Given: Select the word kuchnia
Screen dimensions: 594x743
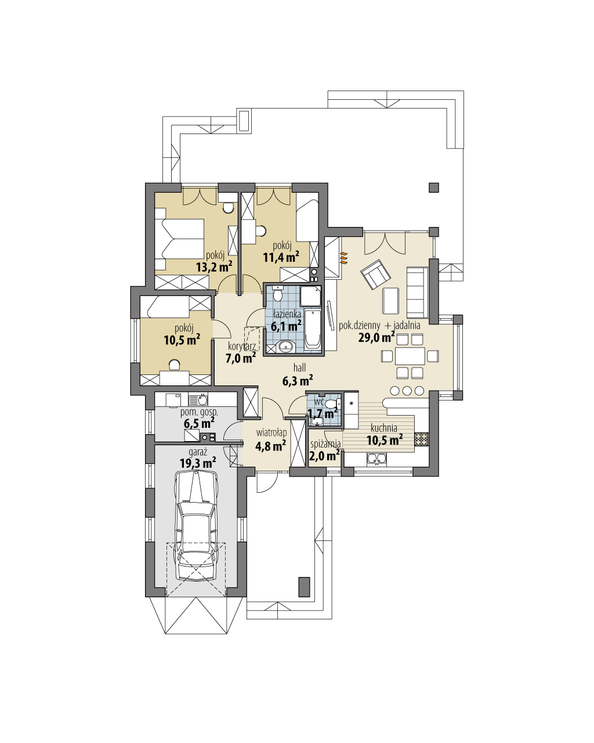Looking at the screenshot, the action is click(x=384, y=428).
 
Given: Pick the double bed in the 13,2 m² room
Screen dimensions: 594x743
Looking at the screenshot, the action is click(x=179, y=239).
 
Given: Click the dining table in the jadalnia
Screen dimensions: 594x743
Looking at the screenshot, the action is click(x=410, y=356).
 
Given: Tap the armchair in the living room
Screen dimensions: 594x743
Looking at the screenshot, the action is click(x=375, y=274).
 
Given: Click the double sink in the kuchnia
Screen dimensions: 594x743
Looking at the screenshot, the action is click(x=376, y=458).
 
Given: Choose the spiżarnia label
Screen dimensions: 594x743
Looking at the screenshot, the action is click(x=325, y=444).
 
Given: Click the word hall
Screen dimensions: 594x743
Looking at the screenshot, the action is click(x=299, y=367).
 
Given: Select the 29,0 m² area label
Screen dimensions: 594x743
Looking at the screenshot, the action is click(x=377, y=337).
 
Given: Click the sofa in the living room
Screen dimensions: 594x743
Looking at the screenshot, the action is click(x=417, y=292).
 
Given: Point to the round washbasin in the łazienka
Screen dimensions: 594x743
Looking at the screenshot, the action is click(x=285, y=346).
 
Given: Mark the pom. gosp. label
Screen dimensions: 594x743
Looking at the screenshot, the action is click(x=199, y=412).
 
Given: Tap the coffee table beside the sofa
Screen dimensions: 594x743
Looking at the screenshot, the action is click(x=391, y=300).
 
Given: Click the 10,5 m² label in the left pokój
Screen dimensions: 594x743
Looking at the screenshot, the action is click(x=182, y=340).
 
